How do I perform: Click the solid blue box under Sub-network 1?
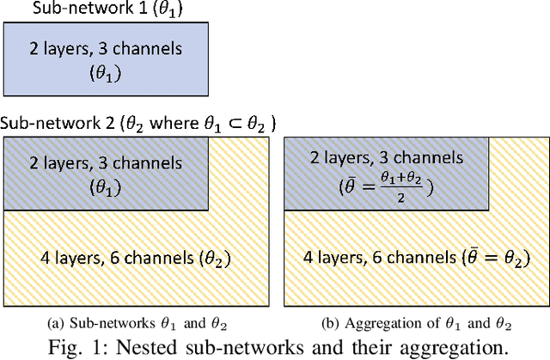[x=106, y=59]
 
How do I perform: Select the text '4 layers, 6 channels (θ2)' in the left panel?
[x=136, y=255]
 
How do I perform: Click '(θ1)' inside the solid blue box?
[x=106, y=76]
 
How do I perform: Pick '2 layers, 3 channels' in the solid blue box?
[x=106, y=49]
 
